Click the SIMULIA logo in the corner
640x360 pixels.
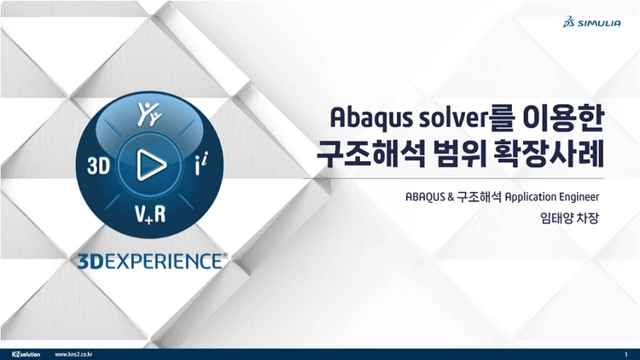click(x=592, y=22)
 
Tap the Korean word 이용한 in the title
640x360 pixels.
click(x=563, y=118)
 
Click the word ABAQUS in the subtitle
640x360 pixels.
click(x=424, y=197)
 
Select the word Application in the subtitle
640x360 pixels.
click(x=530, y=198)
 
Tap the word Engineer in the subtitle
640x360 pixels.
click(x=579, y=198)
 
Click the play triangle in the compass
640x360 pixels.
click(x=151, y=165)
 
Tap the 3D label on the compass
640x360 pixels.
click(x=99, y=166)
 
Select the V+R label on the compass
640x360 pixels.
click(x=150, y=214)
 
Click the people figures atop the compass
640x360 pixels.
click(x=149, y=113)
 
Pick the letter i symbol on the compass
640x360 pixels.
click(x=201, y=163)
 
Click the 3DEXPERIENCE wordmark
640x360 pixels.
click(x=152, y=261)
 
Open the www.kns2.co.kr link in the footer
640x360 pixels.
click(x=73, y=354)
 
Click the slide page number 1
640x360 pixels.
click(x=626, y=355)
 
